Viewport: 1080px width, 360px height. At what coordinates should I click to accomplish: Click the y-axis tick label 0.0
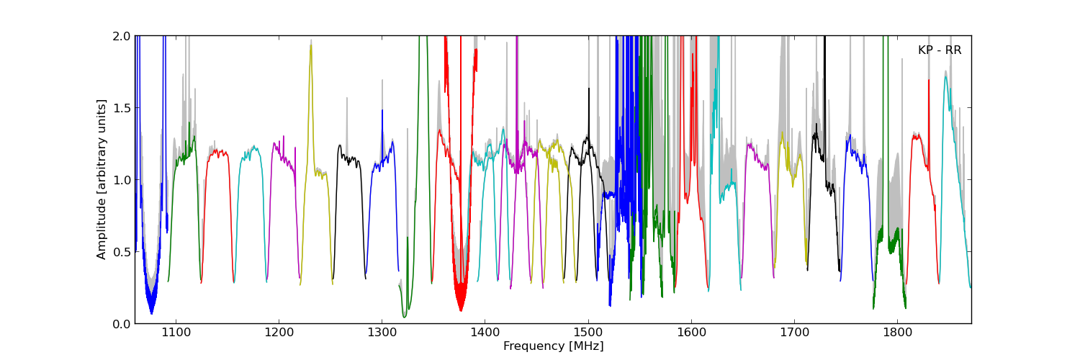122,324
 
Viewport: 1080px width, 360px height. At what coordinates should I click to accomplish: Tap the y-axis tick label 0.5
122,252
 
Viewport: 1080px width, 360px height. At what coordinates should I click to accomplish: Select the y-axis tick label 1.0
122,180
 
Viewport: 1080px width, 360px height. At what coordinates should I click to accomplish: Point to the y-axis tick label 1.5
122,108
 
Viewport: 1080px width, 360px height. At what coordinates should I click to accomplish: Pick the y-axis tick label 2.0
122,36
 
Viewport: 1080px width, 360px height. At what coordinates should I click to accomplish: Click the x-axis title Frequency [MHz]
553,346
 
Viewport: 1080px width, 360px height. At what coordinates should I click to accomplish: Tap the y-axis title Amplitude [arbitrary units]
102,179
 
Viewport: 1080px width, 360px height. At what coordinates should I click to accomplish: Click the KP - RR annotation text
939,50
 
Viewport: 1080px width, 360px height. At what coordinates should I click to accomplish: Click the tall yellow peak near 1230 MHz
310,46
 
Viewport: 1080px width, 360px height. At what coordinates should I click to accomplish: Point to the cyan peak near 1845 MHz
945,77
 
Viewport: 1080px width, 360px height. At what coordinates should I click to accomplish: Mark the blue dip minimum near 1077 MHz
151,312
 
